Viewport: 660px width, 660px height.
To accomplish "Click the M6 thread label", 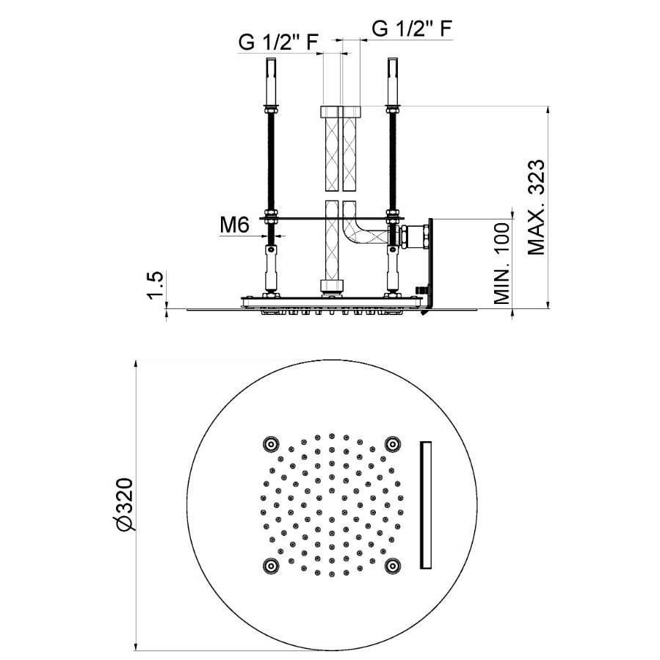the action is pyautogui.click(x=234, y=225).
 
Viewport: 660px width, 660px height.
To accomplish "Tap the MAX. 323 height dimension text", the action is pyautogui.click(x=536, y=207).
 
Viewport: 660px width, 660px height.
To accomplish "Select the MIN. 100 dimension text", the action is pyautogui.click(x=501, y=264).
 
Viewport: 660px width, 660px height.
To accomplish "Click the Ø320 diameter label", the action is pyautogui.click(x=125, y=504).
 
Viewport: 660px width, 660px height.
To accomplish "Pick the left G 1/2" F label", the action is pyautogui.click(x=278, y=42).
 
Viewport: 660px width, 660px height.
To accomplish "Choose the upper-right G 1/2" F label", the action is pyautogui.click(x=412, y=29).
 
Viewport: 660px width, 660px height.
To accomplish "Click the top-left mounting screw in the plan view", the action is pyautogui.click(x=271, y=443).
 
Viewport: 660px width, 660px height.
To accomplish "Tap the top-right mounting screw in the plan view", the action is pyautogui.click(x=393, y=443).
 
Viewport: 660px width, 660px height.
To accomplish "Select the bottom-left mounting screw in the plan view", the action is pyautogui.click(x=271, y=566).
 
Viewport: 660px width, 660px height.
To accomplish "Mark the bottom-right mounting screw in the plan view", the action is pyautogui.click(x=393, y=566).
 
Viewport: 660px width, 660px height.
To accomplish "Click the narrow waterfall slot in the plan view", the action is pyautogui.click(x=426, y=505).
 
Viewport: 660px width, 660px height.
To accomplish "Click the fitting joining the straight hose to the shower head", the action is pyautogui.click(x=332, y=287).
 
